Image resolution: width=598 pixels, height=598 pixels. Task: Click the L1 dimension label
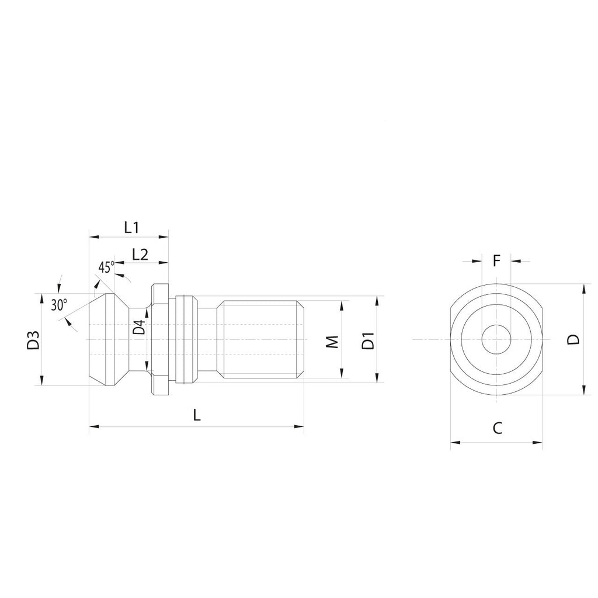[x=131, y=228]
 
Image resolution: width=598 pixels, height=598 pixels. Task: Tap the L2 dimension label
[x=140, y=254]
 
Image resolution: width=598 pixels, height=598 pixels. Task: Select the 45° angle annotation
[x=106, y=267]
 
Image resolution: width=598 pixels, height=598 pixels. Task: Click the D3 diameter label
[x=33, y=340]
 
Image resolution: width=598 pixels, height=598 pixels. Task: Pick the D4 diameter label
[x=138, y=327]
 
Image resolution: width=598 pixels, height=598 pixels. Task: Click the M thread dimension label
[x=332, y=342]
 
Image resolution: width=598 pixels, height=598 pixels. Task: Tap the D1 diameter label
[x=368, y=340]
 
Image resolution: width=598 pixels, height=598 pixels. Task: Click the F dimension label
[x=496, y=260]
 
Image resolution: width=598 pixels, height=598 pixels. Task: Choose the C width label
[x=496, y=429]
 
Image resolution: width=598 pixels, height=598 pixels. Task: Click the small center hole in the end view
[x=496, y=339]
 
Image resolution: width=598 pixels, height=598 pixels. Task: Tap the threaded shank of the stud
[x=263, y=339]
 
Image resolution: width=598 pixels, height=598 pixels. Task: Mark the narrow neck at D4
[x=137, y=350]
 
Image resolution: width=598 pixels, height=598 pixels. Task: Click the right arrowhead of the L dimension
[x=301, y=427]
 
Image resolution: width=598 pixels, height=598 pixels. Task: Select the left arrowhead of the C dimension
[x=454, y=442]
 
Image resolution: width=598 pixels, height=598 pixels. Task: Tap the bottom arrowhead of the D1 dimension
[x=378, y=378]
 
